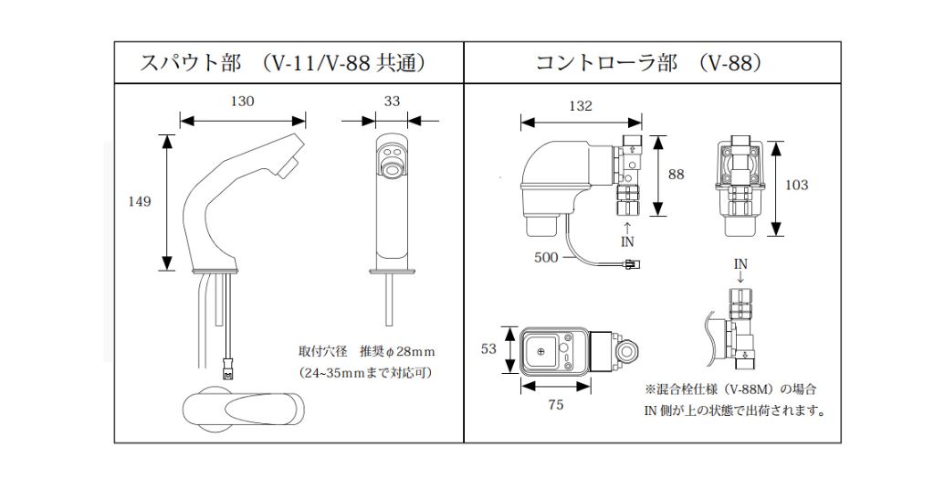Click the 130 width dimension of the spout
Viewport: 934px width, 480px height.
(242, 101)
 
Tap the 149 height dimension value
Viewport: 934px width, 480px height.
(139, 202)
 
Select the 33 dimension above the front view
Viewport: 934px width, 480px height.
(392, 101)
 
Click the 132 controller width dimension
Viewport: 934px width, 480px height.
(580, 106)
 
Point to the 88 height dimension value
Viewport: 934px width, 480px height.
(676, 174)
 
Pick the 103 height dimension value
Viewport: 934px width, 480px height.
(796, 185)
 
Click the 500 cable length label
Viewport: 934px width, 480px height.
(546, 257)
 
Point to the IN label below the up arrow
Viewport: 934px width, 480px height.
(627, 242)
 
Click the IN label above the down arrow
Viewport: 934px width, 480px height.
(740, 263)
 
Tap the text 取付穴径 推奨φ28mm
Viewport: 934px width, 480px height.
(366, 351)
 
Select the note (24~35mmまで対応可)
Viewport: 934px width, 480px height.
(365, 373)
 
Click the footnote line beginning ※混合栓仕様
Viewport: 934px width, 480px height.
(730, 389)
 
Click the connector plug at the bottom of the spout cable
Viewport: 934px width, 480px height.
(227, 374)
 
